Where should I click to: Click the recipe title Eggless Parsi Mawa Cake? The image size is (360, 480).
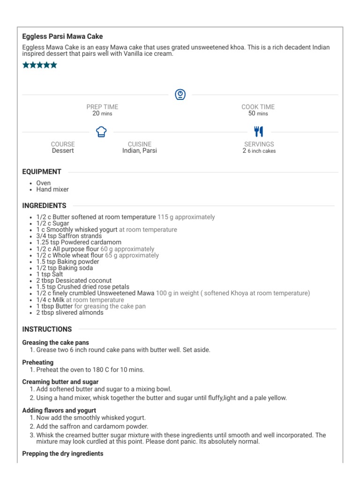[x=62, y=37]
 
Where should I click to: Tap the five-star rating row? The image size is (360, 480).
[x=40, y=65]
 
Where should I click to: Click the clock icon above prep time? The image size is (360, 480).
[x=180, y=95]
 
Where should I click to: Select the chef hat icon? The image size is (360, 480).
[x=101, y=132]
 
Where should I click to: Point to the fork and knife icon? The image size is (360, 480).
[x=259, y=131]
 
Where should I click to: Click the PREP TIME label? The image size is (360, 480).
[x=102, y=107]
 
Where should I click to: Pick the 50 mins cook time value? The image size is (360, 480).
[x=258, y=113]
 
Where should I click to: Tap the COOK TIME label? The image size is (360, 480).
[x=258, y=107]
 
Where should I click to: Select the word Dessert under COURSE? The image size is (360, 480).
[x=63, y=151]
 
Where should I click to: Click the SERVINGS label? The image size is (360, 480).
[x=259, y=144]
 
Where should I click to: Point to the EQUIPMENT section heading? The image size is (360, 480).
[x=42, y=172]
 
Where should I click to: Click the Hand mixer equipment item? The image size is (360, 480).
[x=52, y=189]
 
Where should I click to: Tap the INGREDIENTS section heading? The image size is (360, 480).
[x=45, y=205]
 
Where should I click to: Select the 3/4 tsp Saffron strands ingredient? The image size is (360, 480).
[x=62, y=236]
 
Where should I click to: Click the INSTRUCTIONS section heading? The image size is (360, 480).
[x=47, y=329]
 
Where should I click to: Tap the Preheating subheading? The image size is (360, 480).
[x=38, y=362]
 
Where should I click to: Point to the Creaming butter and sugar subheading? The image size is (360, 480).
[x=60, y=382]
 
